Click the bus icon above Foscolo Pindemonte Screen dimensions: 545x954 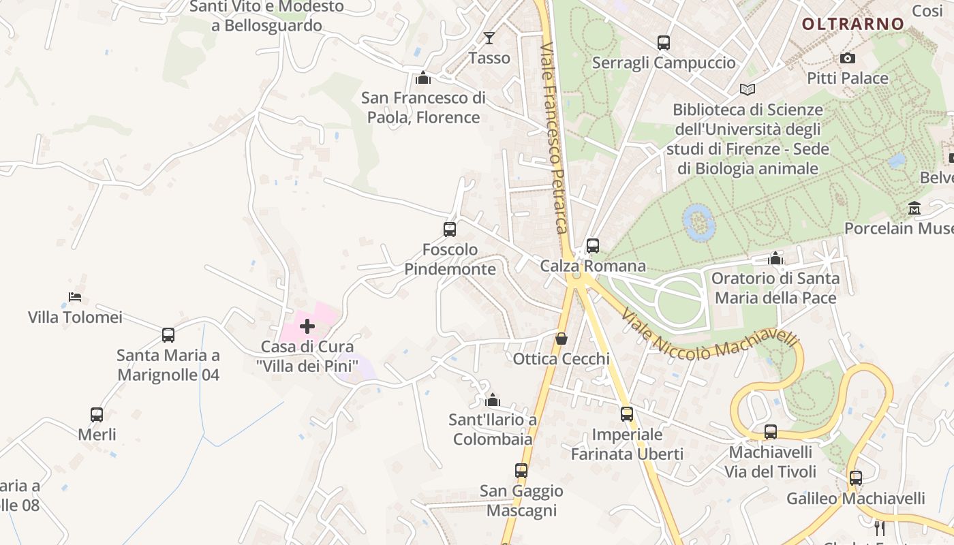(450, 230)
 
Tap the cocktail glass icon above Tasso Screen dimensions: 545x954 (489, 37)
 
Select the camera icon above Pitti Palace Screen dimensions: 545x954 (848, 58)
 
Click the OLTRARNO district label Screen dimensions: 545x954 (852, 24)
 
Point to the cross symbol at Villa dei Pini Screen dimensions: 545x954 (307, 326)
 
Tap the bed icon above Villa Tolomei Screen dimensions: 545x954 (75, 297)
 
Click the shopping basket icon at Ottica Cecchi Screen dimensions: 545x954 (561, 339)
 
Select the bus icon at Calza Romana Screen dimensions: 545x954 (593, 246)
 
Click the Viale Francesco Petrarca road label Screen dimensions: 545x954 (553, 136)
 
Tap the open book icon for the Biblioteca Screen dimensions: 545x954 (748, 89)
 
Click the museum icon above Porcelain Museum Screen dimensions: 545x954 (914, 208)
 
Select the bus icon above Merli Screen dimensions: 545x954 (97, 414)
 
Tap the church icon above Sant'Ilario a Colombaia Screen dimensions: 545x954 (492, 400)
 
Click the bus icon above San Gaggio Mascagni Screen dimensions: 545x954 (521, 471)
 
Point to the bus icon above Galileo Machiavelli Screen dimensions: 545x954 (856, 478)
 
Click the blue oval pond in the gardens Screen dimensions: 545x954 (698, 222)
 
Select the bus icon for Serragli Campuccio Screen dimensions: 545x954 (664, 43)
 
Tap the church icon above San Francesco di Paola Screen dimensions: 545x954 (423, 78)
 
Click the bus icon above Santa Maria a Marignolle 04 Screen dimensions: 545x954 (168, 335)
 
